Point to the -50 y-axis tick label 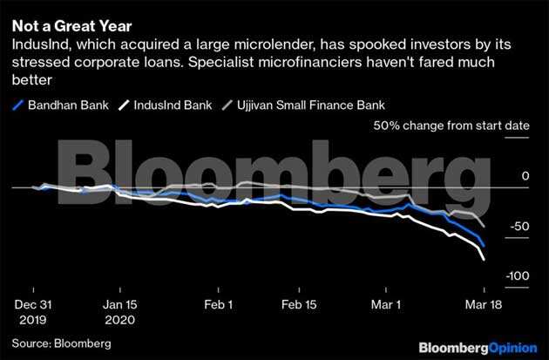pos(518,227)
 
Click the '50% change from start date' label pos(451,126)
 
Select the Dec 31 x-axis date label pos(32,305)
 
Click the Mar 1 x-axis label pos(386,305)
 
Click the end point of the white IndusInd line pos(484,258)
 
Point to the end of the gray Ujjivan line pos(484,226)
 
